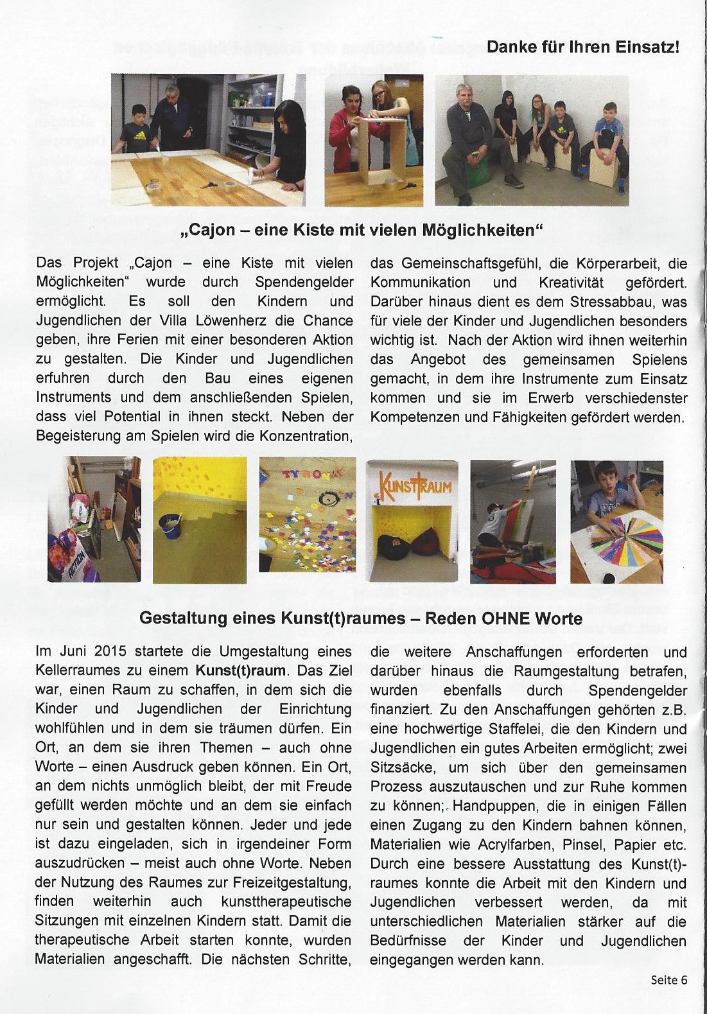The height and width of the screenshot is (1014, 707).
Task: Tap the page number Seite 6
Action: [x=668, y=979]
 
